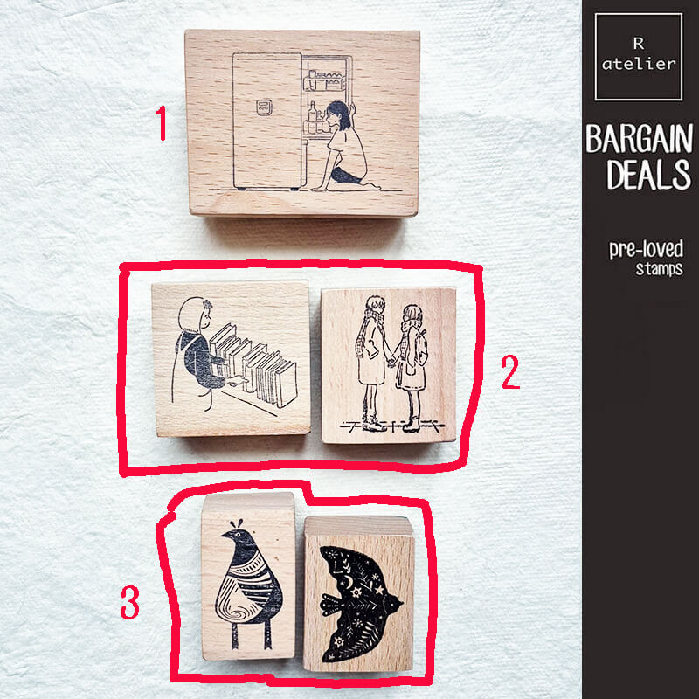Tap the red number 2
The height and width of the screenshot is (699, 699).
pos(509,373)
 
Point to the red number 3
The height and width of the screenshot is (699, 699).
pos(129,603)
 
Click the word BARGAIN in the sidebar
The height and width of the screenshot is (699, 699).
pos(640,139)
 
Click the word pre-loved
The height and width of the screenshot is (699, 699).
pos(645,249)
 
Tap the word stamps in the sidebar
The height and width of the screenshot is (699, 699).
pos(660,269)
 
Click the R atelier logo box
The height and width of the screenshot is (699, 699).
pos(639,56)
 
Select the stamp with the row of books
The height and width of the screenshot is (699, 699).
pos(231,358)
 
